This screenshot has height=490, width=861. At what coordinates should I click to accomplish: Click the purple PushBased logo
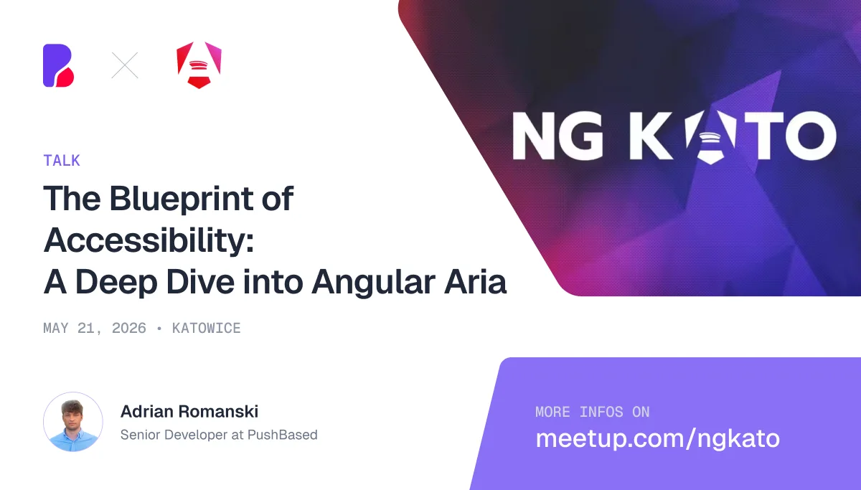click(58, 65)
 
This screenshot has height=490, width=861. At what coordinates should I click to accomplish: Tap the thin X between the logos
click(125, 65)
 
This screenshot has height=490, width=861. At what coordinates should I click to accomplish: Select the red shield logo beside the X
click(199, 65)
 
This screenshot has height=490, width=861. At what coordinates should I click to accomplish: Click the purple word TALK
click(62, 160)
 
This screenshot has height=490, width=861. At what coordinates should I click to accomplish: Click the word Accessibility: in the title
click(149, 240)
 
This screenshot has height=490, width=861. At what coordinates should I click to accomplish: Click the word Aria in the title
click(475, 282)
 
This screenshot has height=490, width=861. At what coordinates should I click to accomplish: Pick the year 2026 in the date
click(128, 328)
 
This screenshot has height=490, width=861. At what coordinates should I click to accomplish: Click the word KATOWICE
click(207, 328)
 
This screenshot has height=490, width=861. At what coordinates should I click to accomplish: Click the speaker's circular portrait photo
click(73, 422)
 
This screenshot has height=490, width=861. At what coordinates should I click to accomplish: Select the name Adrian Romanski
click(189, 412)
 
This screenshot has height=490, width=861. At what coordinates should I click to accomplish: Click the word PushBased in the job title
click(283, 435)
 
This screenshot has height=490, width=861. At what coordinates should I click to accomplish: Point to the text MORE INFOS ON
click(593, 412)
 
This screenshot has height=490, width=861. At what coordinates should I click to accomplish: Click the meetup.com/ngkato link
click(658, 439)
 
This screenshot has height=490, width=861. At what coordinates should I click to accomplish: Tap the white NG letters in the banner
click(557, 136)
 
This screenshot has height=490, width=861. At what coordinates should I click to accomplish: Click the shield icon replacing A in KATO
click(710, 136)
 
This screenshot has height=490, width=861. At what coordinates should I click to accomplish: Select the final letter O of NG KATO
click(811, 136)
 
